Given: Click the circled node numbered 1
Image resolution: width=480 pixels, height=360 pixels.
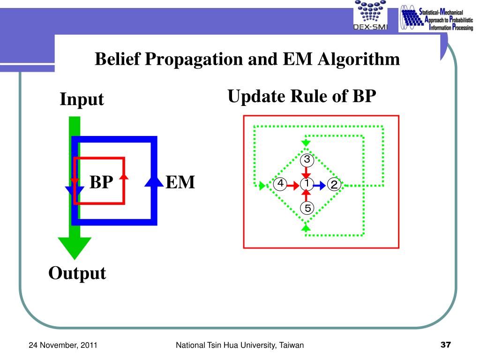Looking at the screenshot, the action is (x=307, y=184).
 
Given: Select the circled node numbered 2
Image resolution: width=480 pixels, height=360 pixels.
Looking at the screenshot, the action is (x=334, y=185).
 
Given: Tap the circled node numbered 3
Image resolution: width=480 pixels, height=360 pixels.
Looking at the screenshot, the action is (x=307, y=159).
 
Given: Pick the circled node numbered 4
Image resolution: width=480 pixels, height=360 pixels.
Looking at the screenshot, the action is (x=280, y=184).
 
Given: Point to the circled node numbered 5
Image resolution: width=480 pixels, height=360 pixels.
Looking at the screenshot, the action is (x=307, y=208).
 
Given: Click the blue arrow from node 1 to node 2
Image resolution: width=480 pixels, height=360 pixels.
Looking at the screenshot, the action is (x=320, y=185).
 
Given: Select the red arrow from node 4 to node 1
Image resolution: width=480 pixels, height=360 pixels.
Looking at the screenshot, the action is (x=293, y=185).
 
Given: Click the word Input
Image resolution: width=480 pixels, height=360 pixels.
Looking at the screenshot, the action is (x=82, y=99).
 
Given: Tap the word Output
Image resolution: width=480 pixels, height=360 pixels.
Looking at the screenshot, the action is (x=77, y=273).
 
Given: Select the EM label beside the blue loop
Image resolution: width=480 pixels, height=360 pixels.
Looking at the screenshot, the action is (x=180, y=182).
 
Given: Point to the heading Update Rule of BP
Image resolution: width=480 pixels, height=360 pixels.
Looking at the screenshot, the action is (x=302, y=96).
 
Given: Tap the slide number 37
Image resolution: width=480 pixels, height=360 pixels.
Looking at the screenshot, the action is (x=445, y=345).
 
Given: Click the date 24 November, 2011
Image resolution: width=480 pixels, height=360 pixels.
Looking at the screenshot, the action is (x=63, y=345).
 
